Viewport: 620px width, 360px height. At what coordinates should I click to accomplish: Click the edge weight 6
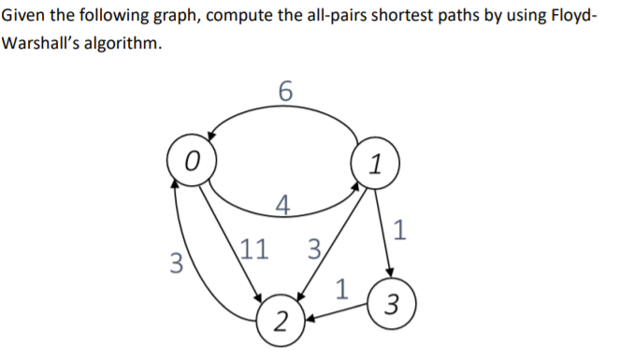pos(286,92)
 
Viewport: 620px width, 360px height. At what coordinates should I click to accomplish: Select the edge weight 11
pos(253,249)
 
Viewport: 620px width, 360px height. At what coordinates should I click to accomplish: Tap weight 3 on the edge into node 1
pos(314,250)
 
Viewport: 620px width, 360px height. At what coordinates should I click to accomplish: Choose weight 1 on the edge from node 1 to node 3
pos(400,229)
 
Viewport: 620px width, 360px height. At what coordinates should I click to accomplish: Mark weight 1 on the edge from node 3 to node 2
pos(341,287)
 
